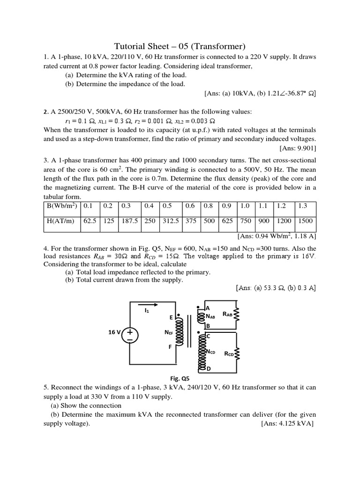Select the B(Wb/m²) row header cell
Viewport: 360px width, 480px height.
tap(62, 206)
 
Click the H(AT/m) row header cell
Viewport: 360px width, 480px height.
tap(61, 221)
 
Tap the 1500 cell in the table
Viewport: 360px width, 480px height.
tap(306, 221)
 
